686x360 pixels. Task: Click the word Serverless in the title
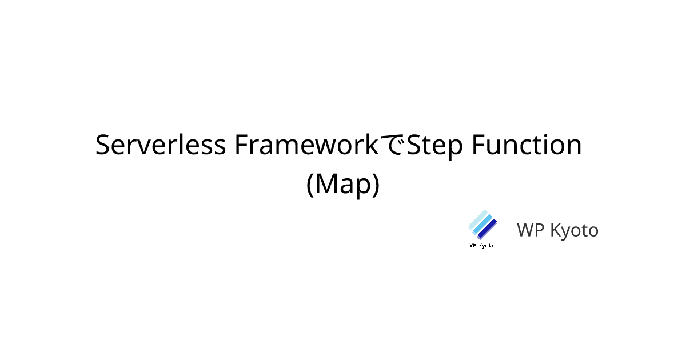click(x=161, y=145)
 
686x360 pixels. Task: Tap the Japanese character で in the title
click(x=393, y=145)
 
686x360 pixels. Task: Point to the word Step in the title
click(x=435, y=146)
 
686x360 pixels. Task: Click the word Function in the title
click(x=527, y=145)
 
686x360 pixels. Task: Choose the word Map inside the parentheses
click(x=343, y=185)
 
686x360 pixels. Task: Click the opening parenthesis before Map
click(x=310, y=185)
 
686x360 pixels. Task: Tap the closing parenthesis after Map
click(x=376, y=185)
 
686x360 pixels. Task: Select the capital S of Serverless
click(x=103, y=145)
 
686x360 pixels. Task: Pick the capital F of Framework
click(x=242, y=145)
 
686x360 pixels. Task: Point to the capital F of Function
click(x=480, y=145)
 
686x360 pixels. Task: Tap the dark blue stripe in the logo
click(x=487, y=229)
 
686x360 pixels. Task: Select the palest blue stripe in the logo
click(x=477, y=220)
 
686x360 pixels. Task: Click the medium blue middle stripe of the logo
click(x=482, y=225)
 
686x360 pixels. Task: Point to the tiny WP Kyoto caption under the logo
click(x=482, y=246)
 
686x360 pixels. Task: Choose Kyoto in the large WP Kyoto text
click(x=574, y=231)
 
